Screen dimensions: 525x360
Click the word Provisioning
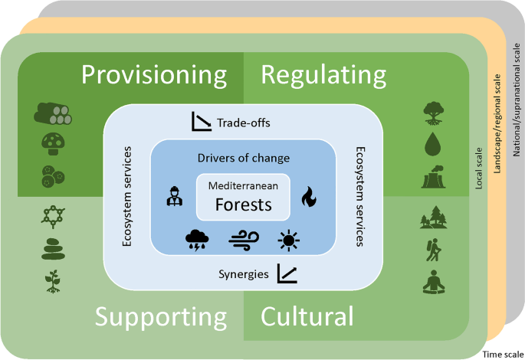point(154,76)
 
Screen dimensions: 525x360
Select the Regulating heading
point(323,76)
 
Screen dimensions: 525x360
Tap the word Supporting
point(161,317)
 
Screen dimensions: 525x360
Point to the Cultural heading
point(307,316)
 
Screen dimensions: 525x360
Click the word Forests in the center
point(244,205)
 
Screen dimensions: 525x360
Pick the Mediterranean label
point(243,185)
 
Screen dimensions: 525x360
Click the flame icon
point(309,197)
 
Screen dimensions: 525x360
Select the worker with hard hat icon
point(175,196)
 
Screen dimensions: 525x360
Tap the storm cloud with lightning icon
point(197,241)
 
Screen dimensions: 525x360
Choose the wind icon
point(244,241)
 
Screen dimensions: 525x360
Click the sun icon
point(289,241)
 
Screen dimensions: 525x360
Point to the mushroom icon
point(53,144)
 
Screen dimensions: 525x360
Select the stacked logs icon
point(53,114)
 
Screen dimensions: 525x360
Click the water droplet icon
point(433,144)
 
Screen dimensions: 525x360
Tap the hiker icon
point(433,250)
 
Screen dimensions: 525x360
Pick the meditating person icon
point(434,282)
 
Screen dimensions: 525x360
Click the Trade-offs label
point(244,123)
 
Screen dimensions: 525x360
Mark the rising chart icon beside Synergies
point(287,273)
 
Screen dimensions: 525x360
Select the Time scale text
point(503,355)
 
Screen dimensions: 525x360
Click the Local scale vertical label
point(479,169)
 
